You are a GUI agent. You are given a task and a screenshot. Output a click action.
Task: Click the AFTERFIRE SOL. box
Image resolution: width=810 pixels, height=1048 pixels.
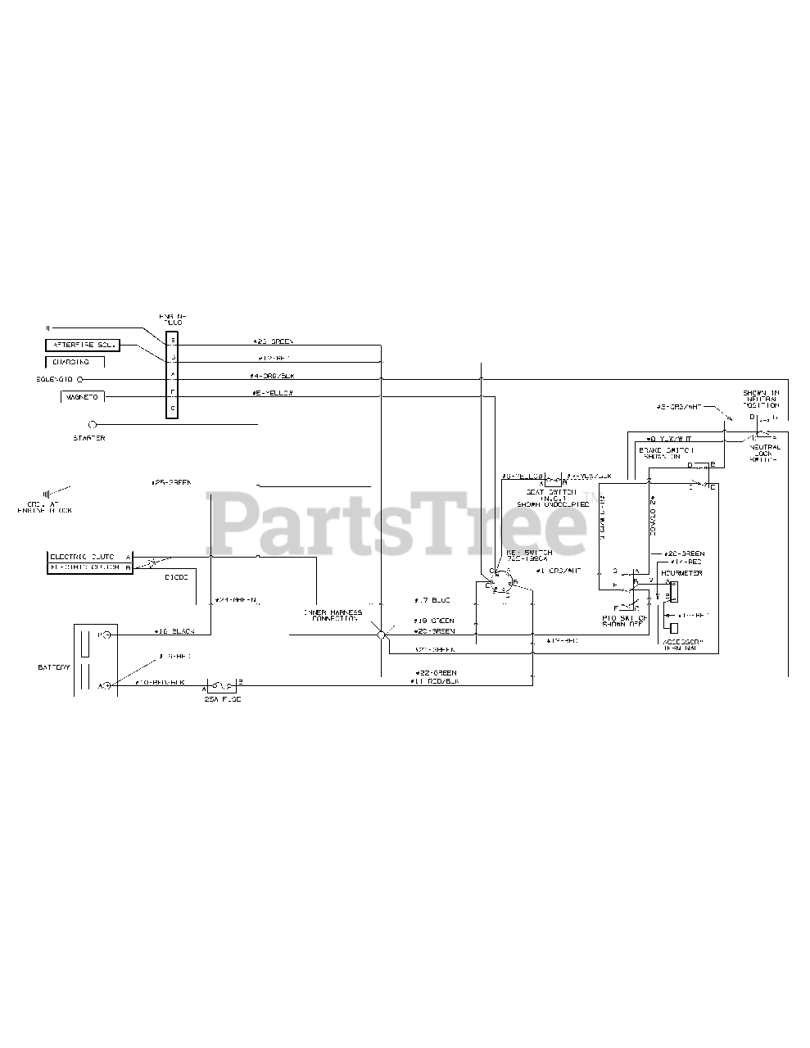point(82,346)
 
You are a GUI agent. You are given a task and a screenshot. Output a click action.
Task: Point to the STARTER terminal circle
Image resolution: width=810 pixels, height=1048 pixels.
point(92,425)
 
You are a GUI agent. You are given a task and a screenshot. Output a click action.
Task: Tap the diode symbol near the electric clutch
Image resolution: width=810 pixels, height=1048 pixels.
point(152,563)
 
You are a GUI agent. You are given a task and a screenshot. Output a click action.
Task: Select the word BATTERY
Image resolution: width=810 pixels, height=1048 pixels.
point(54,667)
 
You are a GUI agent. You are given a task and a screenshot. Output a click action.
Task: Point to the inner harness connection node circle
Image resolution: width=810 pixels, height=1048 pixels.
point(381,635)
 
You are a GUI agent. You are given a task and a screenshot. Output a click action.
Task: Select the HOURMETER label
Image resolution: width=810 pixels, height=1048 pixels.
point(681,573)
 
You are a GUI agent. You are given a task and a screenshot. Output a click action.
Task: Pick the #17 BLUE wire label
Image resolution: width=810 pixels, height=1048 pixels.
point(432,599)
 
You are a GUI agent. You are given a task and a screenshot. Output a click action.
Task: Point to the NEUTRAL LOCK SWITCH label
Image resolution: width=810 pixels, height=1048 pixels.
point(764,452)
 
